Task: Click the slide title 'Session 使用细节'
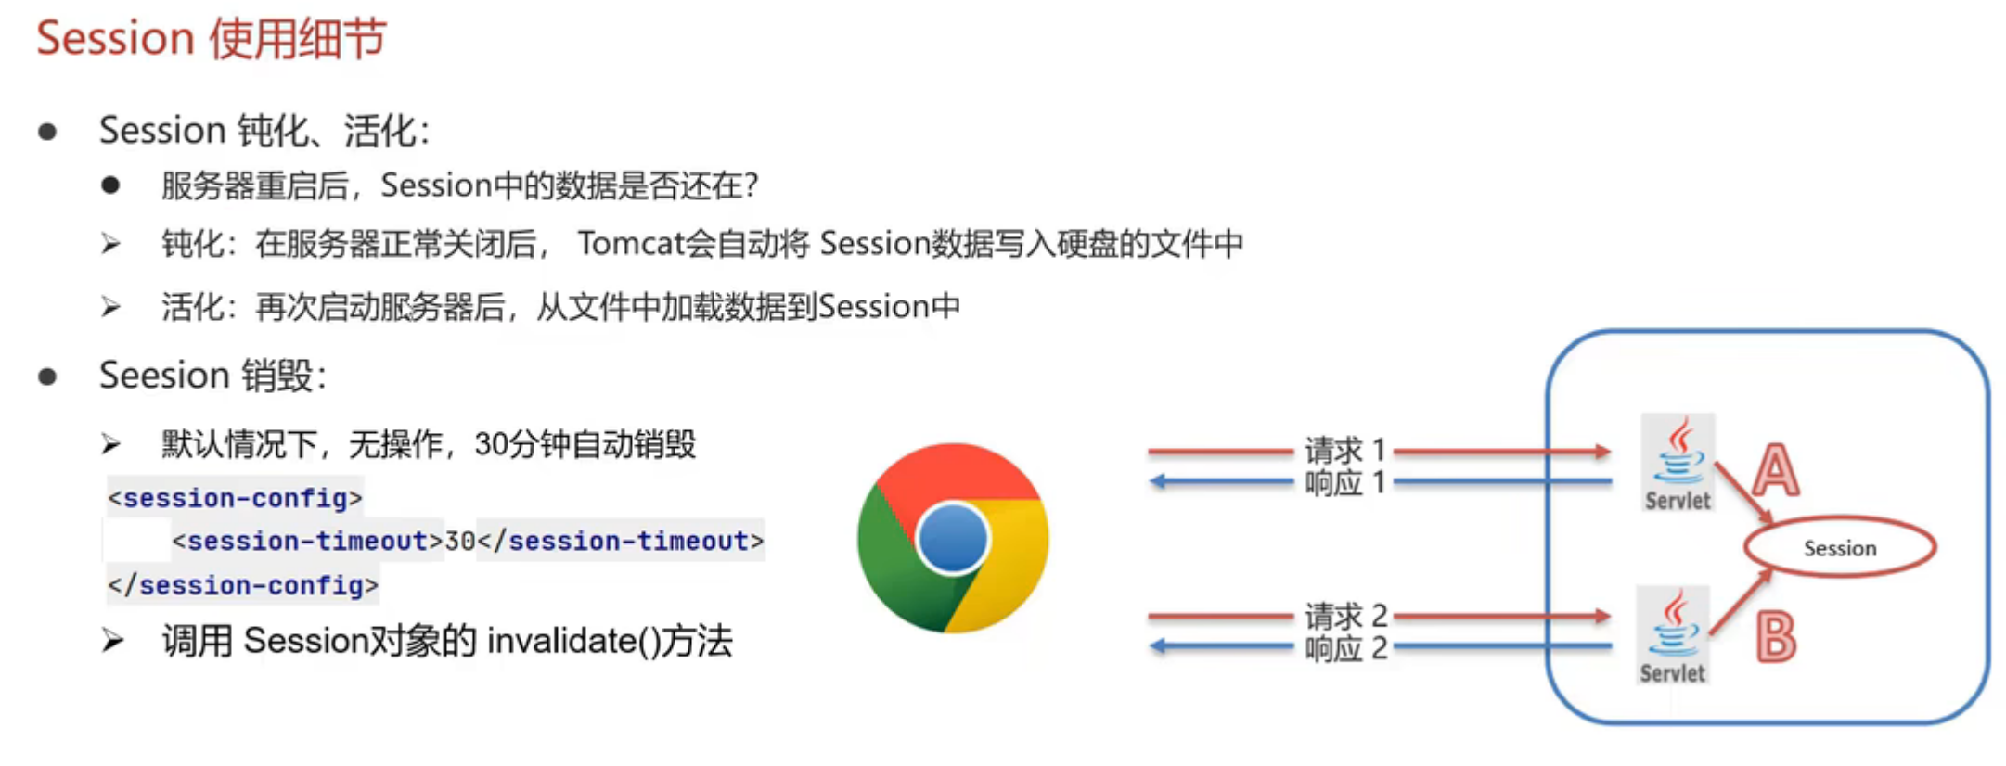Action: [211, 39]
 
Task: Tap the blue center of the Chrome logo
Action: [952, 539]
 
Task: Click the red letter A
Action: [1775, 470]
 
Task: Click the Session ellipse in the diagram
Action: [1839, 548]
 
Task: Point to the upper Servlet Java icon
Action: [1678, 454]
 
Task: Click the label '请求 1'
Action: [1344, 451]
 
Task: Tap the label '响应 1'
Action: [1344, 483]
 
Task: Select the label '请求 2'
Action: [1345, 616]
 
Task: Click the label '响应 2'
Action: [1345, 648]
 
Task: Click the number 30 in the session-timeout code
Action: [460, 541]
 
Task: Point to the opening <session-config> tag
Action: [235, 498]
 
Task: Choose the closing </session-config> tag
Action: [242, 585]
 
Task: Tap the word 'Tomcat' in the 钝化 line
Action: [632, 243]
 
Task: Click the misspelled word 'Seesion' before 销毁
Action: [164, 376]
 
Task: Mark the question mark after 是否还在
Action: [751, 185]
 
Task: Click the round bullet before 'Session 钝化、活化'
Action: [47, 132]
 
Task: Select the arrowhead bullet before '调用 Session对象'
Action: [112, 640]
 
